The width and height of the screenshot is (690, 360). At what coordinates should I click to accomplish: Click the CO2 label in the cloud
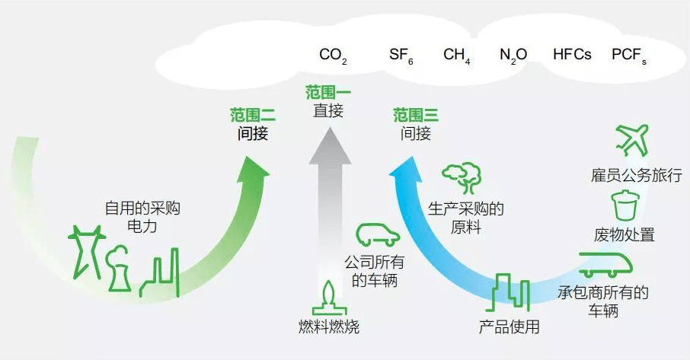[333, 56]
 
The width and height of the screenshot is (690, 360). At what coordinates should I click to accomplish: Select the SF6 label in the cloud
[401, 56]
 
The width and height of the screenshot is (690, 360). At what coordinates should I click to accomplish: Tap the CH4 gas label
[457, 56]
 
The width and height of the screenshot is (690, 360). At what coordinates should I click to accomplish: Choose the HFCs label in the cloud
[572, 55]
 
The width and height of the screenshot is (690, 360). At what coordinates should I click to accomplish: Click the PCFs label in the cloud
[629, 56]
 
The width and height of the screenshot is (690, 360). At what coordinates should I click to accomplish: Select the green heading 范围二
[252, 115]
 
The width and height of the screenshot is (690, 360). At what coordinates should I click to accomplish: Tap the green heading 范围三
[415, 116]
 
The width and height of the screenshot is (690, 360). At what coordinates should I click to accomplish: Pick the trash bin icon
[624, 205]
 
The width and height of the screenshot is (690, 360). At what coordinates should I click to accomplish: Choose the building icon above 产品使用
[509, 292]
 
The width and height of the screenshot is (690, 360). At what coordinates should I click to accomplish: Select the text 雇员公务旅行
[626, 176]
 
